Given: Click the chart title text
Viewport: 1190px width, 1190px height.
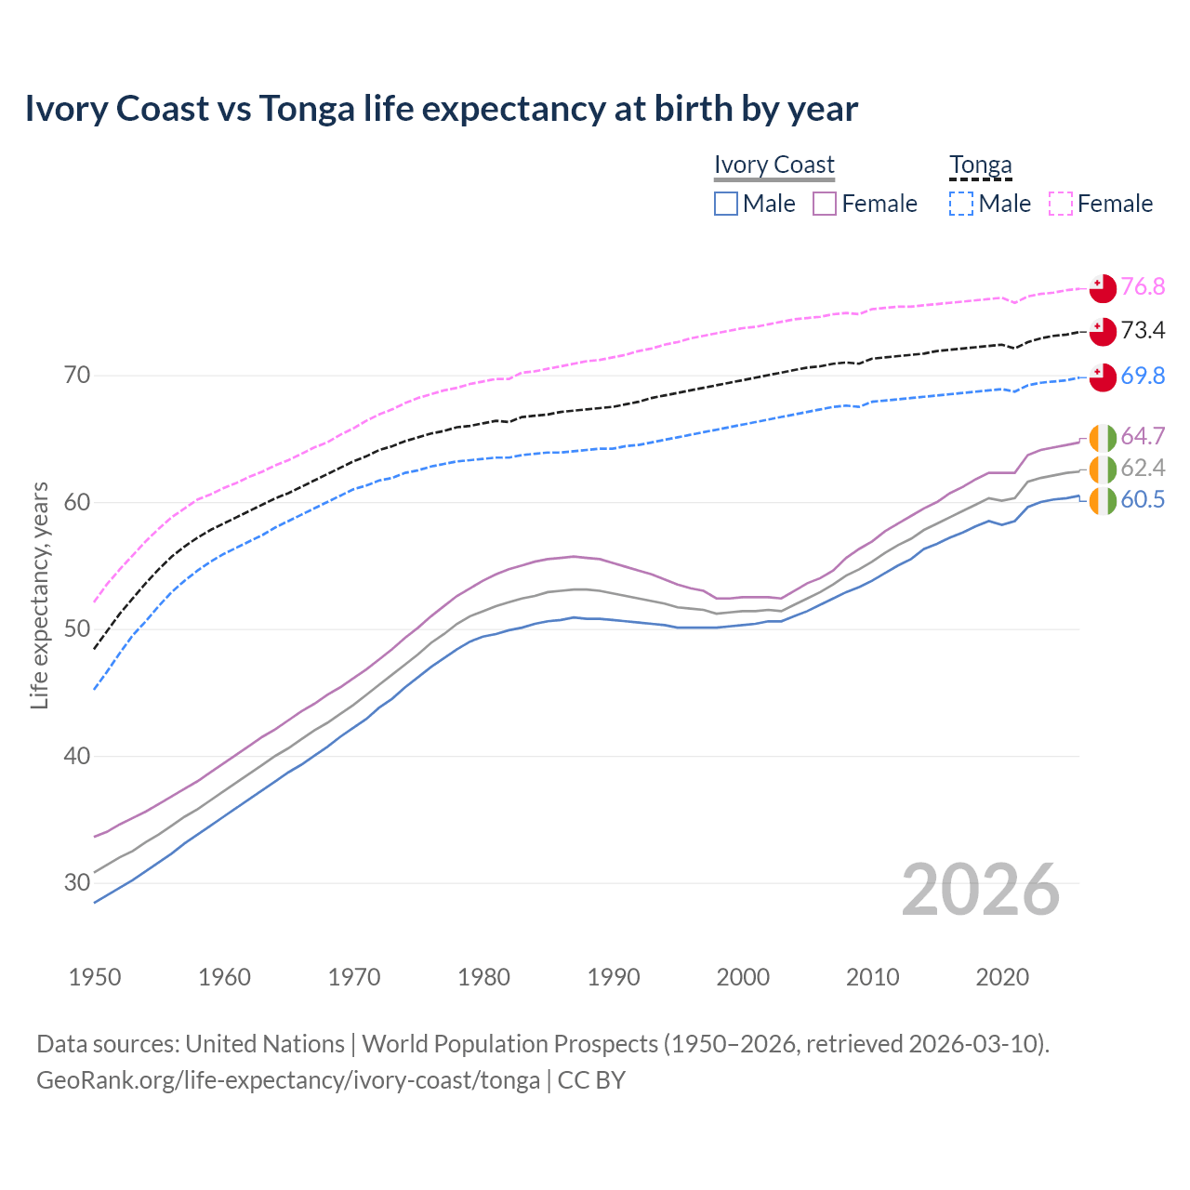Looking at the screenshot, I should (441, 109).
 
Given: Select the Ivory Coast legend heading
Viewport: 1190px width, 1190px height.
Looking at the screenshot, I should (773, 165).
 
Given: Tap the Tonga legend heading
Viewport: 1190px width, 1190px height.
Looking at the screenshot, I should (980, 165).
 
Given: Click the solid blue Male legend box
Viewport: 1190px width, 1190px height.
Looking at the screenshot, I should (726, 204).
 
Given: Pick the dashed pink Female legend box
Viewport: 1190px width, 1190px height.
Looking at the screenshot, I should (1061, 204).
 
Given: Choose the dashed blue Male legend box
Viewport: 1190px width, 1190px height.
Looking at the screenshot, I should (961, 204).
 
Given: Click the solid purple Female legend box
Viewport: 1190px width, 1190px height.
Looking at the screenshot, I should (826, 204).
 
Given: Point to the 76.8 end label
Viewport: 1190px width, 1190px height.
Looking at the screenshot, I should (1143, 286).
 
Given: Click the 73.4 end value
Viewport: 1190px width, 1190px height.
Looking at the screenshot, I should (1143, 330).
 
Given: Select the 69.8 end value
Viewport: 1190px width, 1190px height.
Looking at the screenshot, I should (1143, 376).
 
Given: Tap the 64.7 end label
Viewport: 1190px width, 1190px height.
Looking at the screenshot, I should (1143, 436).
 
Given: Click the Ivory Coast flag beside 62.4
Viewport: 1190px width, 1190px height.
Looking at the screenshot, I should (1103, 469).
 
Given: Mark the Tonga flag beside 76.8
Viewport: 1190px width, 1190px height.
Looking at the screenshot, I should (1103, 288).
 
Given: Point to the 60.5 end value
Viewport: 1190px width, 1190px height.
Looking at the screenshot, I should (1143, 500).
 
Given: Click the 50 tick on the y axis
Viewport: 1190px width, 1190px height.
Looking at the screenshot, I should (77, 629).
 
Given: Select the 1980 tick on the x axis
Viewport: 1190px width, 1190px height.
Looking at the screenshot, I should (483, 977).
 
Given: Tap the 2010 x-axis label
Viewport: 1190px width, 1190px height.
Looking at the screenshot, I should (872, 977).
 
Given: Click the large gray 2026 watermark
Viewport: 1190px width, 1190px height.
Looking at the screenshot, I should (980, 890).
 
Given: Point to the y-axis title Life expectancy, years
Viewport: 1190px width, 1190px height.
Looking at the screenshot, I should (40, 595).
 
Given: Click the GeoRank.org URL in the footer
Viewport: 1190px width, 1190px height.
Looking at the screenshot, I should (288, 1080).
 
